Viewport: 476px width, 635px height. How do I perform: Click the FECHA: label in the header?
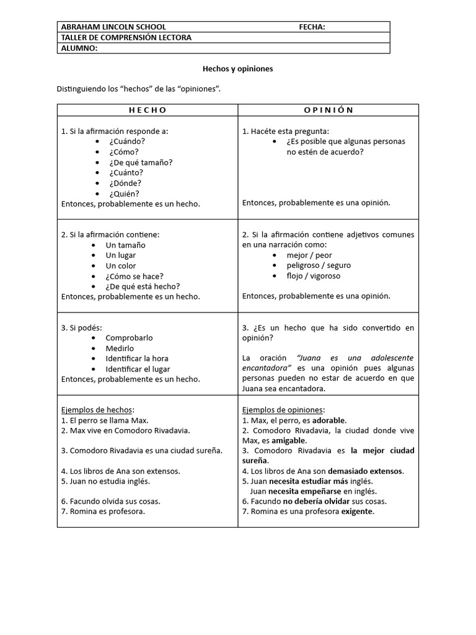pyautogui.click(x=312, y=27)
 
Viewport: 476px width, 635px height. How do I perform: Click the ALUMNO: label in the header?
pyautogui.click(x=79, y=48)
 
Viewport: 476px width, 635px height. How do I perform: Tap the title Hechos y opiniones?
pyautogui.click(x=238, y=69)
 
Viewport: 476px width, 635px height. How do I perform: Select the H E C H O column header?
pyautogui.click(x=148, y=110)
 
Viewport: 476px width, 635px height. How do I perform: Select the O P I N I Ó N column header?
pyautogui.click(x=328, y=110)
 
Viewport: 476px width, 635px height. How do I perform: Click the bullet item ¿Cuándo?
pyautogui.click(x=123, y=141)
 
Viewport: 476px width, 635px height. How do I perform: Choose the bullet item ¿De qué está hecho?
pyautogui.click(x=143, y=286)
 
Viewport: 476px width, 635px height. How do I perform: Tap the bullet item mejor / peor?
pyautogui.click(x=309, y=255)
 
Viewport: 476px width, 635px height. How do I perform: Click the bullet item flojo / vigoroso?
pyautogui.click(x=313, y=276)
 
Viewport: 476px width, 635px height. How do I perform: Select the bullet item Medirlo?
pyautogui.click(x=120, y=348)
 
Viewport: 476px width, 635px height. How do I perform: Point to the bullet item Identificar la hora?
pyautogui.click(x=137, y=358)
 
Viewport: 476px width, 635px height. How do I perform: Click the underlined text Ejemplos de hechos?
pyautogui.click(x=97, y=410)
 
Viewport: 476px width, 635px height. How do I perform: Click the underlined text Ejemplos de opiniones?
pyautogui.click(x=283, y=410)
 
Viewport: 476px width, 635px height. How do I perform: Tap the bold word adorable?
pyautogui.click(x=328, y=420)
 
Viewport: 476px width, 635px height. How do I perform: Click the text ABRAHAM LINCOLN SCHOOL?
pyautogui.click(x=113, y=27)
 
